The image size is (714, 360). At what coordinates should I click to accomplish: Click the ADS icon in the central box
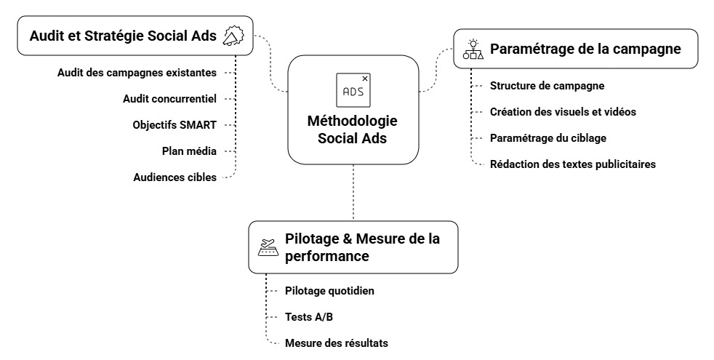(x=353, y=89)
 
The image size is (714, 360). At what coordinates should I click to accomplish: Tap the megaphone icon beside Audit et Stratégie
(x=233, y=36)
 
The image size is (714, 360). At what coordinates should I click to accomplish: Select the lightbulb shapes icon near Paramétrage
(x=473, y=49)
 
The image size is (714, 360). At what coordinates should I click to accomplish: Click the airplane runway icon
(x=269, y=247)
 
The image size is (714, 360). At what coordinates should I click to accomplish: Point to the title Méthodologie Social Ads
(x=353, y=129)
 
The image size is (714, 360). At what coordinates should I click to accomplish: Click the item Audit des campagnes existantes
(x=137, y=73)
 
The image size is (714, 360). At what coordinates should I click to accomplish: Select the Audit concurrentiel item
(x=170, y=98)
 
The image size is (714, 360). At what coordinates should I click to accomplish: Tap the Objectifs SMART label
(x=175, y=125)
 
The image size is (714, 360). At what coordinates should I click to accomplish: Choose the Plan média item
(x=190, y=151)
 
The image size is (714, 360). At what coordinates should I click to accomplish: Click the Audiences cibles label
(x=175, y=177)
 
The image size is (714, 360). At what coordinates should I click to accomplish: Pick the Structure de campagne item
(x=547, y=86)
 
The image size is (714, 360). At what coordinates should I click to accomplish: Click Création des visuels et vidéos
(x=563, y=112)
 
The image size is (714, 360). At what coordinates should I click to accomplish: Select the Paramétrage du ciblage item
(x=548, y=138)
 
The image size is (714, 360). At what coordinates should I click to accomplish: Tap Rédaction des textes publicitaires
(x=573, y=164)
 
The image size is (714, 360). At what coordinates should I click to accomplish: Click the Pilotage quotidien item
(x=329, y=291)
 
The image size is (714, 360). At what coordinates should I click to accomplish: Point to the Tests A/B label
(x=309, y=316)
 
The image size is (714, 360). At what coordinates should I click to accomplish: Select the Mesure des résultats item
(x=337, y=343)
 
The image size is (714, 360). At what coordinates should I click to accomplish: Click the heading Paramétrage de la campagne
(x=585, y=49)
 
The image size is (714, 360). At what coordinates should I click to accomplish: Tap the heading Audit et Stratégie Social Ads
(x=123, y=36)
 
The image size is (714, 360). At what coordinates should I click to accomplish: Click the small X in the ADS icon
(x=365, y=79)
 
